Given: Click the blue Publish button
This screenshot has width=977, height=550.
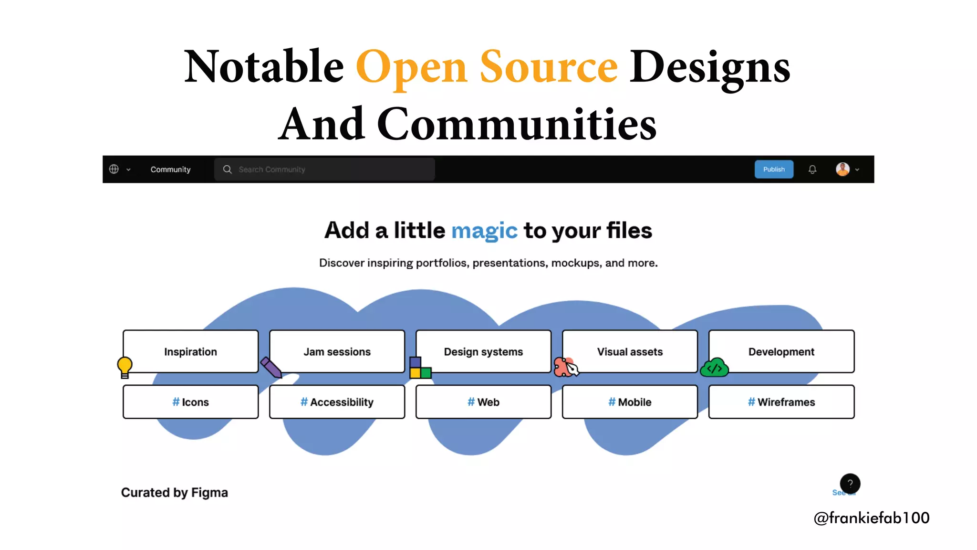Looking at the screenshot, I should pos(773,169).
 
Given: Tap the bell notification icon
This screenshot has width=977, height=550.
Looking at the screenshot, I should pos(812,169).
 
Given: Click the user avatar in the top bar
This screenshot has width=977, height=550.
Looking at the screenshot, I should pos(842,169).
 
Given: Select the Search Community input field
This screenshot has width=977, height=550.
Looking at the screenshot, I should pos(324,169).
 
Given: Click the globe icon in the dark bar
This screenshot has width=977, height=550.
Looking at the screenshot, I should pos(114,169).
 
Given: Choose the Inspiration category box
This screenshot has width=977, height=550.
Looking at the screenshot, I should pos(190,351).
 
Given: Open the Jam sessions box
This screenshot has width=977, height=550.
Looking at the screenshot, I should pos(337,351).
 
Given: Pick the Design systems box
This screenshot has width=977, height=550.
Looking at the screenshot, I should pos(483,351).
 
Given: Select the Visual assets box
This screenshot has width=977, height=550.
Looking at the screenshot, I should pos(630,351).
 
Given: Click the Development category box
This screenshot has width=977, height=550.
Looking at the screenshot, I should pos(781,351).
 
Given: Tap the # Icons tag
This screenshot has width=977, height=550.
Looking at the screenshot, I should pos(190,402).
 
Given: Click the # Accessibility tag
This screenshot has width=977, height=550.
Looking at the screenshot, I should pos(337,402).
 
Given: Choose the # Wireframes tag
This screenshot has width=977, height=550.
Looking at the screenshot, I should pos(781,402).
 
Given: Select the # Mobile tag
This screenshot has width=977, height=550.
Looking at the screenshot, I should pos(630,402).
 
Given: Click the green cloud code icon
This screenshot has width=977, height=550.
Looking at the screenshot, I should pos(714,368).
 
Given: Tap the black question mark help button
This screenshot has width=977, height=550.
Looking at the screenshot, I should pos(850,483).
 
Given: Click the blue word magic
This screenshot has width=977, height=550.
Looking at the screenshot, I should pos(484,231).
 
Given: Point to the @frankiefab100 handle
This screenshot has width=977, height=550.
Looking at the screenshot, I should pos(871,518).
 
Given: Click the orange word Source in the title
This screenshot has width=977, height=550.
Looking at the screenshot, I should pos(548,67).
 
